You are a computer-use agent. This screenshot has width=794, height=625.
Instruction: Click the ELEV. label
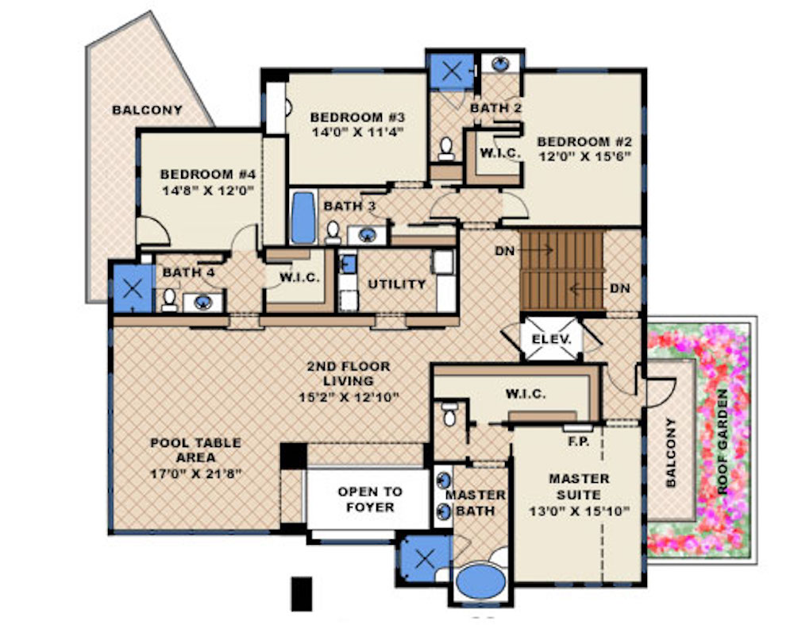551,339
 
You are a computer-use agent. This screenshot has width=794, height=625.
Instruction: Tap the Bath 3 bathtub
303,218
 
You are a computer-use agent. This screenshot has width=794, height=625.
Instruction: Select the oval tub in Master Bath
480,582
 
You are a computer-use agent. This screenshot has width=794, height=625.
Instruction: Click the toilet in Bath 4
169,300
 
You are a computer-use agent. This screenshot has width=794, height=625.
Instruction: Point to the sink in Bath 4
203,303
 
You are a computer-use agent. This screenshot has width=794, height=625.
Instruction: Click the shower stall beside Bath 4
133,289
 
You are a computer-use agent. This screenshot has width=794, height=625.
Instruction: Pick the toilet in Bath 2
446,149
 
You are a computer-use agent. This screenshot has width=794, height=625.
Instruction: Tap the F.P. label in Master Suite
578,442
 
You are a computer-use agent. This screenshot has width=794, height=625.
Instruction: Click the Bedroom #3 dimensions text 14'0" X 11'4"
357,133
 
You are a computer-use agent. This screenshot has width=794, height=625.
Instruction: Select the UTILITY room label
396,284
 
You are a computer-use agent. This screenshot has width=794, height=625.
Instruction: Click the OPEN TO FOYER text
370,500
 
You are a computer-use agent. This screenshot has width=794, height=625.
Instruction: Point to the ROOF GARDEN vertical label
722,442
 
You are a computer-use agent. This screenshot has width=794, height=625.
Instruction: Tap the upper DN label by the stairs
505,250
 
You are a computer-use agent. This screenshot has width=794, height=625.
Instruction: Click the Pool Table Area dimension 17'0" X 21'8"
195,474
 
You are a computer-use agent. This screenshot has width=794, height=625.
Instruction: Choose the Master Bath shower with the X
425,559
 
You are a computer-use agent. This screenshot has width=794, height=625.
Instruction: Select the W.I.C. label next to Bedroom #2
500,152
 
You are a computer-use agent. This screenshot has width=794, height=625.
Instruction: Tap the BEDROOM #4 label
208,174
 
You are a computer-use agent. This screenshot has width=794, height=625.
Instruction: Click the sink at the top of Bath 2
500,64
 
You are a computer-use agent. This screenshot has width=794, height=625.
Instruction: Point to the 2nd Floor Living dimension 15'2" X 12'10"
349,396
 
